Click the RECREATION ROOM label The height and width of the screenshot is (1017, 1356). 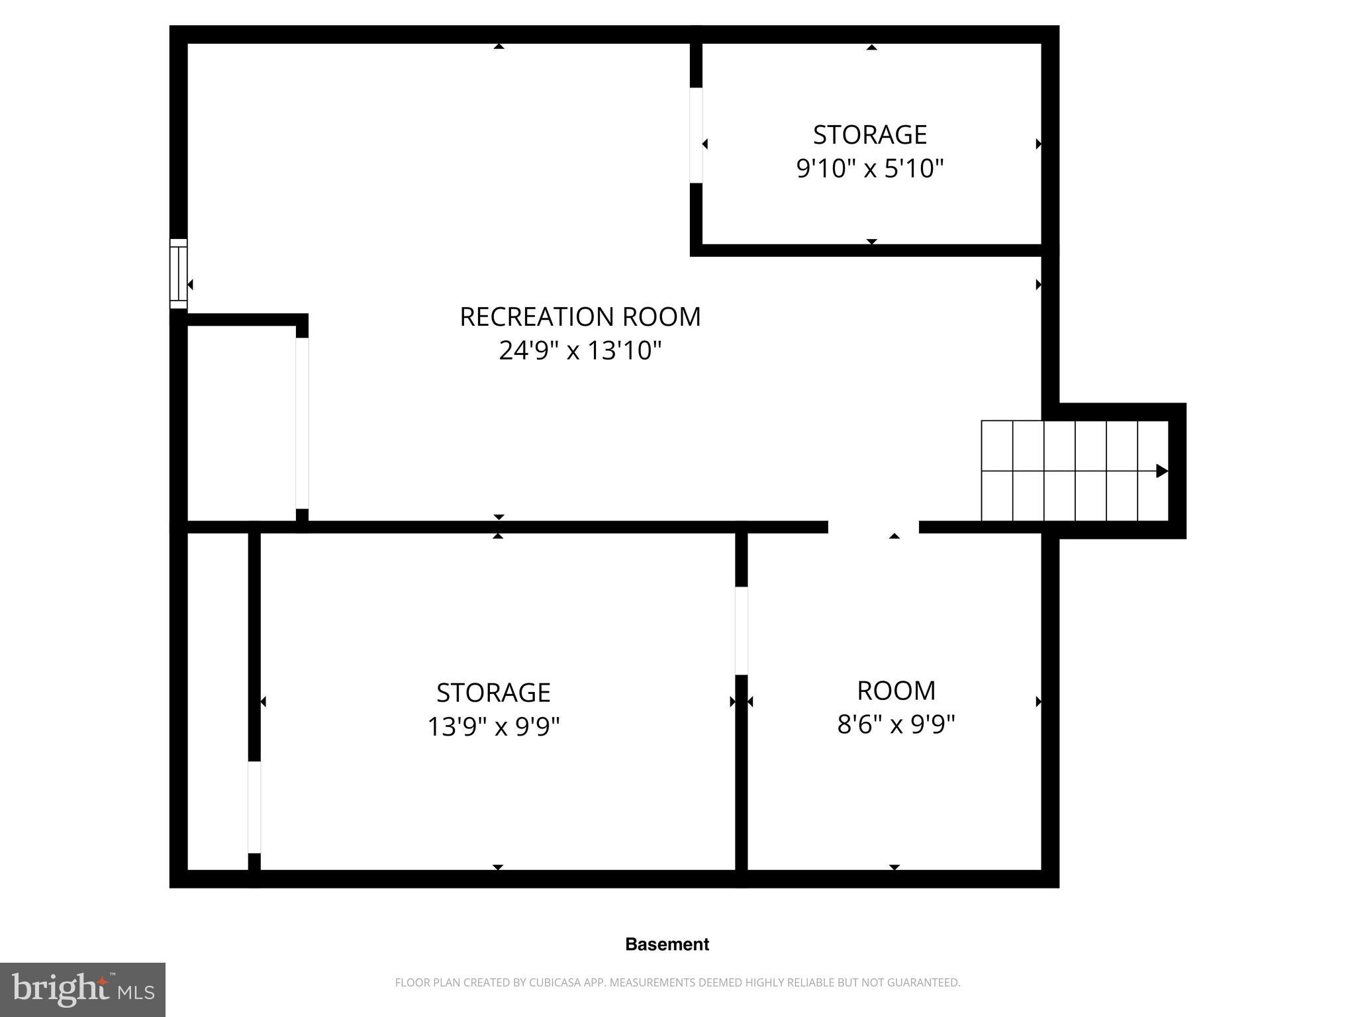pyautogui.click(x=580, y=316)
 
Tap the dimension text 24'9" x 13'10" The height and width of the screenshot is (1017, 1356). pyautogui.click(x=580, y=350)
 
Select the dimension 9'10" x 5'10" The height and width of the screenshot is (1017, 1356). pyautogui.click(x=869, y=168)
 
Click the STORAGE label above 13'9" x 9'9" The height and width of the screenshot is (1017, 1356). pyautogui.click(x=493, y=693)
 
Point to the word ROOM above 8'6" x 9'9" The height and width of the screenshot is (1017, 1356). pyautogui.click(x=896, y=691)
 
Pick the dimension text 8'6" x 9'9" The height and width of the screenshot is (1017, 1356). pyautogui.click(x=896, y=724)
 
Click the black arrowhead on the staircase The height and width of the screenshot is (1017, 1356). pyautogui.click(x=1161, y=471)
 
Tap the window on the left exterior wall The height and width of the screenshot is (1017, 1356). pyautogui.click(x=178, y=273)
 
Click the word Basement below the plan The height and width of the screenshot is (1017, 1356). pyautogui.click(x=667, y=944)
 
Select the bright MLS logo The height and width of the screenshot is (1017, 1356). pyautogui.click(x=83, y=989)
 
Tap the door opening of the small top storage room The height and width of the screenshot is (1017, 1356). pyautogui.click(x=696, y=135)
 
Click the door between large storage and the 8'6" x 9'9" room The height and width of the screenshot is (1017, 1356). pyautogui.click(x=742, y=630)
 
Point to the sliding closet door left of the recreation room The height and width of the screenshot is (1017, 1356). pyautogui.click(x=302, y=423)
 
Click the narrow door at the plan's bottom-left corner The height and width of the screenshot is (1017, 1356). pyautogui.click(x=254, y=807)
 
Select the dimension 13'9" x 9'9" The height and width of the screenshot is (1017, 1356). pyautogui.click(x=493, y=727)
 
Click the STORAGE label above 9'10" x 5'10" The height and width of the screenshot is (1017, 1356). pyautogui.click(x=869, y=134)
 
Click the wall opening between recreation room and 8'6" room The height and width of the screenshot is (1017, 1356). pyautogui.click(x=873, y=527)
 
